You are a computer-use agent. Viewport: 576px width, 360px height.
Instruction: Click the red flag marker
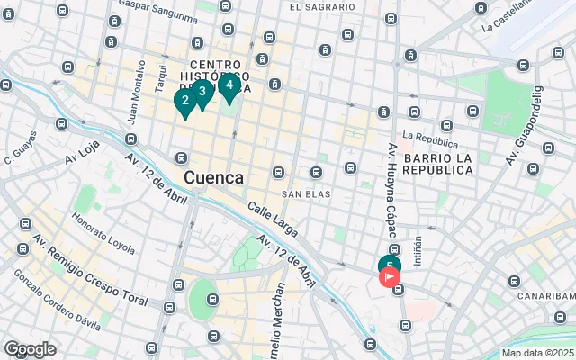(391, 277)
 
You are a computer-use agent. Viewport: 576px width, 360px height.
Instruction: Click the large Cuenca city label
(213, 177)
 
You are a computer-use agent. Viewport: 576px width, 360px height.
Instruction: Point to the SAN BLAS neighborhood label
(306, 193)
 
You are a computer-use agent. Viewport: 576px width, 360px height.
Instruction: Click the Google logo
(30, 349)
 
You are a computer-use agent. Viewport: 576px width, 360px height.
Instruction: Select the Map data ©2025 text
(537, 353)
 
